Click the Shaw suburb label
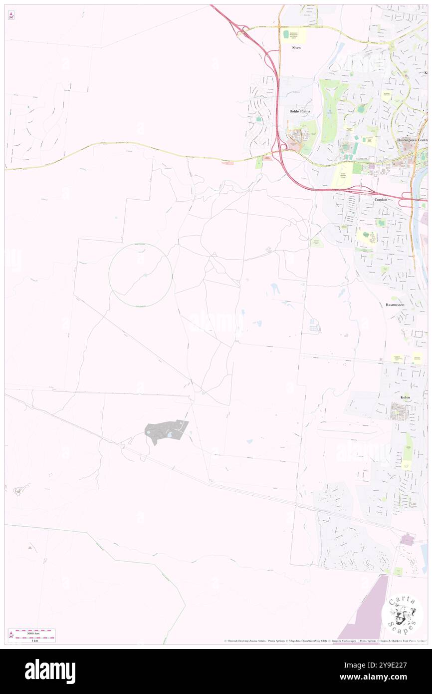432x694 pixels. point(297,47)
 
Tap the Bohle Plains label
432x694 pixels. point(300,111)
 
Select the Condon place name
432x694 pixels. point(381,199)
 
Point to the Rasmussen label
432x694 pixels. point(395,304)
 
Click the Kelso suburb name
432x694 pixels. point(405,397)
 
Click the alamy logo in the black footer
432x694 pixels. point(50,672)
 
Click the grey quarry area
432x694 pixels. point(165,432)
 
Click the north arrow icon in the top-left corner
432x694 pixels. point(11,16)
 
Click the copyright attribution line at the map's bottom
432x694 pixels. point(324,641)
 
